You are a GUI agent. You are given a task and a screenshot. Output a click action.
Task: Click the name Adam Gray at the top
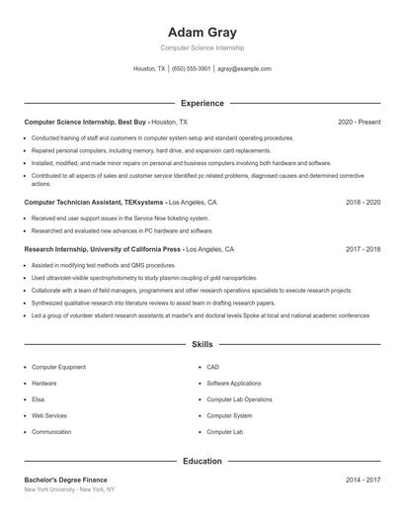point(202,32)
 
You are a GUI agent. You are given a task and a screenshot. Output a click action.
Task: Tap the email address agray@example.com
point(244,69)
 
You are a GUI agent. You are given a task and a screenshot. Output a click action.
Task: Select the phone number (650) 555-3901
point(191,69)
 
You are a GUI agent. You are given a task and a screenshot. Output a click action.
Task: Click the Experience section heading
point(202,103)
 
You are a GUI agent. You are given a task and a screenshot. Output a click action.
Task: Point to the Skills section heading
point(202,345)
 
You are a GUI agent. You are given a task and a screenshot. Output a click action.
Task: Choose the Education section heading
point(202,461)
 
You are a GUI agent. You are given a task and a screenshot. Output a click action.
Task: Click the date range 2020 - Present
point(360,122)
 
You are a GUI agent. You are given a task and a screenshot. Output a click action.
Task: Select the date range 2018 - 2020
point(363,202)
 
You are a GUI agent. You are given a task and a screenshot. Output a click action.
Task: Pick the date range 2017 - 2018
point(363,250)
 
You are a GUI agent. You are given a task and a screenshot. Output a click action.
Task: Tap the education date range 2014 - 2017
point(363,480)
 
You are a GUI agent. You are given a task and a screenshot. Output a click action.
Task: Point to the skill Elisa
point(40,399)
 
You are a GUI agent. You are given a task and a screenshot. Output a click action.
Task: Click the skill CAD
point(212,367)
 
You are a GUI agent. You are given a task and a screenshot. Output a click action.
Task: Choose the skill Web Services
point(49,415)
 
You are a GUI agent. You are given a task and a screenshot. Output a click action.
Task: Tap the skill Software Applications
point(234,383)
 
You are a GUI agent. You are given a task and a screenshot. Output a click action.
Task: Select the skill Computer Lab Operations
point(239,399)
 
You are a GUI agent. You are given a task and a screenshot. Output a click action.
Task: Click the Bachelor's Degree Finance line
point(65,480)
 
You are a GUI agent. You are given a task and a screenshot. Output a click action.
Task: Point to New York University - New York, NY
point(69,489)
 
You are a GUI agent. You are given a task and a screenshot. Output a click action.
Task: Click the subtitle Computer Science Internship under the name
point(202,47)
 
